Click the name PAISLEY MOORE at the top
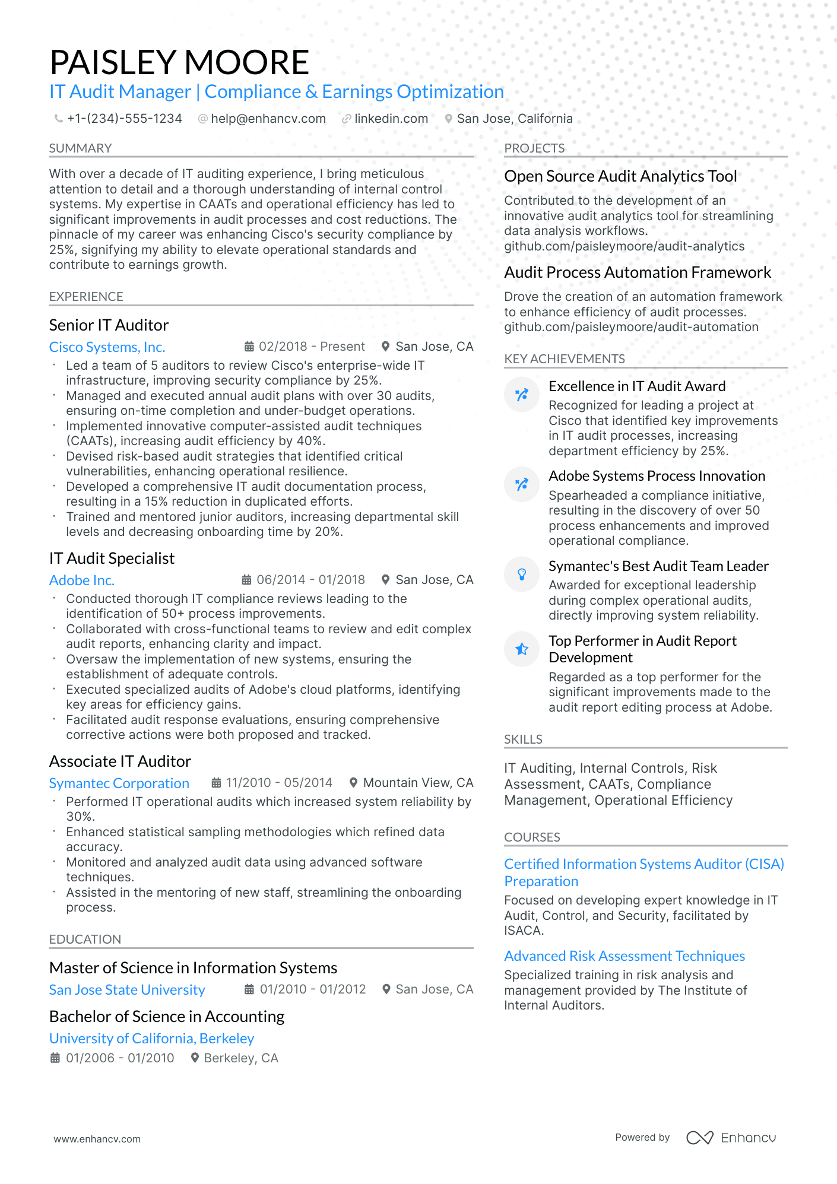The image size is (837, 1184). (179, 62)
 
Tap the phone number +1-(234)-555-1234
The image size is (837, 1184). (124, 119)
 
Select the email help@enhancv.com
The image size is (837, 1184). (268, 119)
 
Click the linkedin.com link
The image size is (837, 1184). (391, 119)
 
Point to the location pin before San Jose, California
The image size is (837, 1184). (449, 119)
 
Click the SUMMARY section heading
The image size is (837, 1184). (80, 148)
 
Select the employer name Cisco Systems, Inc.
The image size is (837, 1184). (107, 347)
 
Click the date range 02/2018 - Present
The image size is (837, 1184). (312, 347)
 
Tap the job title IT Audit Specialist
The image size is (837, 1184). (112, 558)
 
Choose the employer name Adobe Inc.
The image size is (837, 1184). (82, 580)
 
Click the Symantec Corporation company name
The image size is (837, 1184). (119, 783)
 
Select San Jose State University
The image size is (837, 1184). (127, 990)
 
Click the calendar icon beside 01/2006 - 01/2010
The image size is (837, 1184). (55, 1058)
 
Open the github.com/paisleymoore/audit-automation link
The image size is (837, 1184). (631, 327)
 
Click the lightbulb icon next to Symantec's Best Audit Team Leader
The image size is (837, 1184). (522, 574)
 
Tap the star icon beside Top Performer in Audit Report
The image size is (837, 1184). (522, 649)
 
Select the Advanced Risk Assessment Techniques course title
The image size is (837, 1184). (624, 956)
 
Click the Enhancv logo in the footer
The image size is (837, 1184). (731, 1138)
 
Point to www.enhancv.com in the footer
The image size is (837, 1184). (97, 1139)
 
